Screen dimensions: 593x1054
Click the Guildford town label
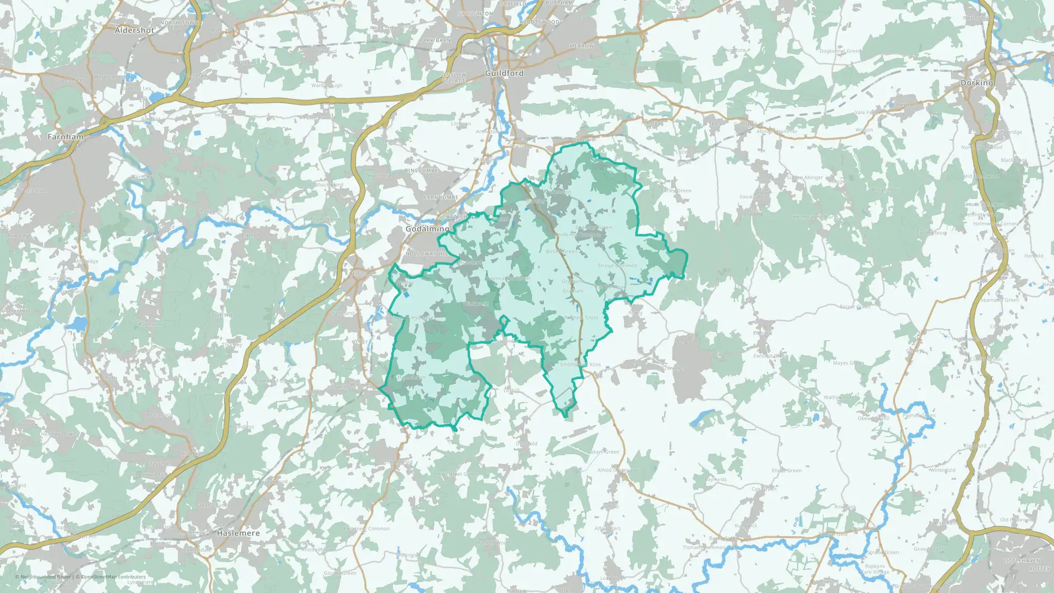pyautogui.click(x=504, y=73)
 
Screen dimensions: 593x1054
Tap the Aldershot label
pyautogui.click(x=134, y=31)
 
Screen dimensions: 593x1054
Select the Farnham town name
pyautogui.click(x=65, y=137)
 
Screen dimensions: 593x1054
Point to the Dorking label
pyautogui.click(x=977, y=83)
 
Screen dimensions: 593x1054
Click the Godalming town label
pyautogui.click(x=427, y=229)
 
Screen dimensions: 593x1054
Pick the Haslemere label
pyautogui.click(x=238, y=533)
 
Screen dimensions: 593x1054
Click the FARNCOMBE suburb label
pyautogui.click(x=441, y=198)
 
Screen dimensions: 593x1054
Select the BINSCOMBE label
pyautogui.click(x=422, y=171)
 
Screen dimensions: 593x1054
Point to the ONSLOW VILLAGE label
pyautogui.click(x=454, y=78)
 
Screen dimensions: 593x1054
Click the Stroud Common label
pyautogui.click(x=617, y=266)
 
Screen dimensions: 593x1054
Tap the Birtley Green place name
pyautogui.click(x=561, y=251)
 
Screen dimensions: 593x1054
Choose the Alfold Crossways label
pyautogui.click(x=617, y=470)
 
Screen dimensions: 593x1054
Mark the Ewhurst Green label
pyautogui.click(x=770, y=356)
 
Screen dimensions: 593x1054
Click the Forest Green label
pyautogui.click(x=855, y=307)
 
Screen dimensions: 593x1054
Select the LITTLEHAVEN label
pyautogui.click(x=1022, y=561)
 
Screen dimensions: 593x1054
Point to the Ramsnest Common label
pyautogui.click(x=367, y=529)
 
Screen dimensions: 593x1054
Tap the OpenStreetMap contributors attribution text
pyautogui.click(x=113, y=577)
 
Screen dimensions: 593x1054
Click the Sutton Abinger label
pyautogui.click(x=805, y=178)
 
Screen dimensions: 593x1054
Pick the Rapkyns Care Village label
pyautogui.click(x=875, y=569)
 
